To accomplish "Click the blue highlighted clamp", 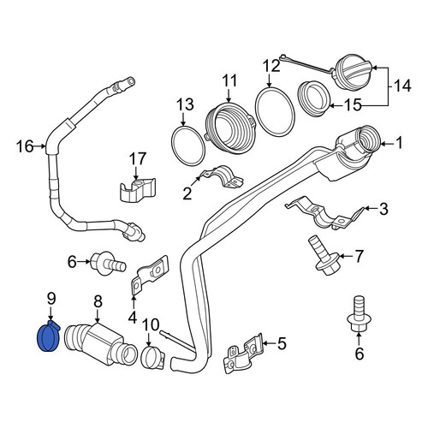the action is [x=49, y=336].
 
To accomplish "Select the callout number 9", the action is [x=51, y=300].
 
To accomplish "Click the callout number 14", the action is [x=402, y=86].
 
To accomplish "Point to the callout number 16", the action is [x=25, y=146].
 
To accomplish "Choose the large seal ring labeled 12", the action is [x=275, y=110].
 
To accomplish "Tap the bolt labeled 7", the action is [x=324, y=255].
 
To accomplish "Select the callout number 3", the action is [x=384, y=209].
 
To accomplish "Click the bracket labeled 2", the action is [x=223, y=176].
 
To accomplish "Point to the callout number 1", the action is [x=399, y=143].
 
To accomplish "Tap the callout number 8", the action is [x=98, y=302].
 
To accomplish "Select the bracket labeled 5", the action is [x=244, y=354].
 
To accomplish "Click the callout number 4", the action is [x=133, y=318].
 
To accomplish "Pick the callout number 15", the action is [x=353, y=105].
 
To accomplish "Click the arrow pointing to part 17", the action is [x=136, y=174].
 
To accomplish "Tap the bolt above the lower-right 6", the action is [x=359, y=314].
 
